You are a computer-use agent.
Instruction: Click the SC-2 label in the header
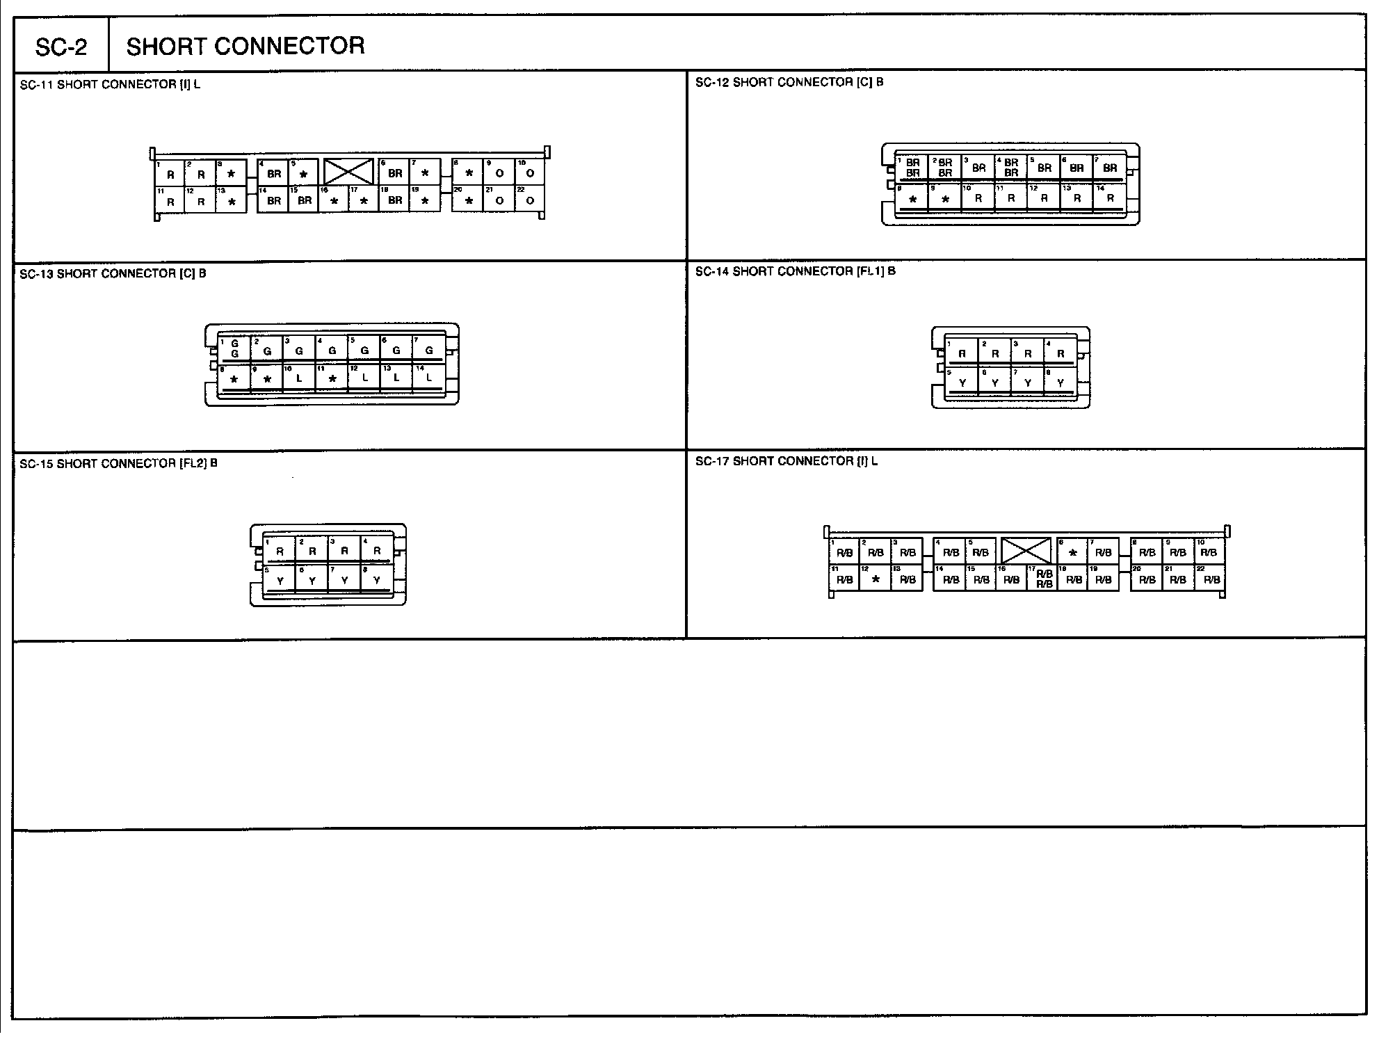61,47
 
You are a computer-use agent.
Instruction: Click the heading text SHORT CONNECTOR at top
245,46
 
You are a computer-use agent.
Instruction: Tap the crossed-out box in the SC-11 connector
349,172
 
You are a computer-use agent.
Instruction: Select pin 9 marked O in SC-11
499,172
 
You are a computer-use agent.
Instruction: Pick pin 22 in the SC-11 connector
530,200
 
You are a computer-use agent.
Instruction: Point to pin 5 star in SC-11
303,172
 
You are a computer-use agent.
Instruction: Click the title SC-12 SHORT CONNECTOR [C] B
789,82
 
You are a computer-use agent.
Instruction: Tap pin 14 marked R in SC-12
1110,198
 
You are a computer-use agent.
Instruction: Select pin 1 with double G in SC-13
234,349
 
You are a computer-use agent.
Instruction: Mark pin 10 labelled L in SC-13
299,378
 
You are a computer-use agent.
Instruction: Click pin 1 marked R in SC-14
962,353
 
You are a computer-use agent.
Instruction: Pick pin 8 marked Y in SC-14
1061,383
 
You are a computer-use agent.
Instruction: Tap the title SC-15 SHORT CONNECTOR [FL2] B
118,463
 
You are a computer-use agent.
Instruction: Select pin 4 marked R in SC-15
377,551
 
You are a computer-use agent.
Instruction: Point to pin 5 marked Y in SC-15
280,580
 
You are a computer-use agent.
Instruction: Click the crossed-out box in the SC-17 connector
1026,551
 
